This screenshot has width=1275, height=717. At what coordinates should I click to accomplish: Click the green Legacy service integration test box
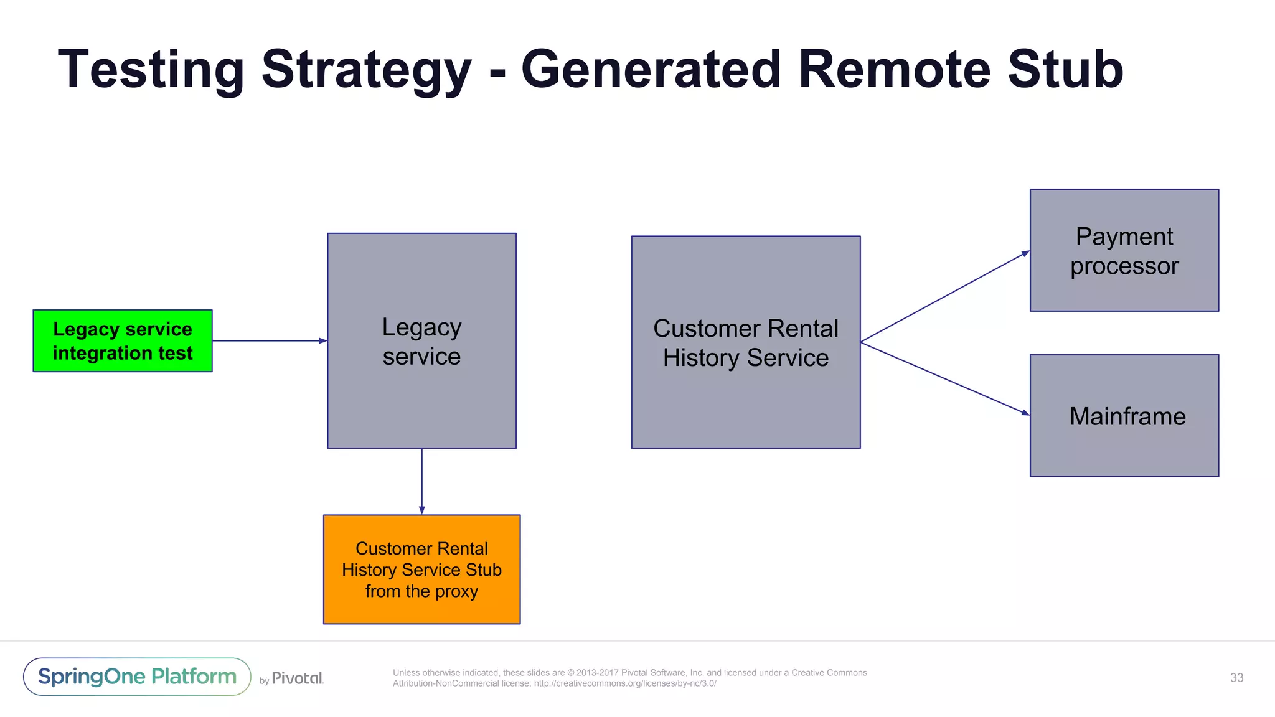click(123, 340)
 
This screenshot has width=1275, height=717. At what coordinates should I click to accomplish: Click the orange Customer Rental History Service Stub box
click(421, 569)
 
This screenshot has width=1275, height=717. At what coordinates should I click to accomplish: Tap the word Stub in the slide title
click(1065, 70)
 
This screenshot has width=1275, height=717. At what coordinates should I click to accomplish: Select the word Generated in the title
click(651, 70)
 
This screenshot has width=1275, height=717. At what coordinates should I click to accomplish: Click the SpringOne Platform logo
click(137, 677)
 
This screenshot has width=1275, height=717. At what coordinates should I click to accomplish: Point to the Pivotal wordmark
click(297, 678)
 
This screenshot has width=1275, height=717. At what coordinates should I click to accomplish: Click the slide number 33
click(1236, 678)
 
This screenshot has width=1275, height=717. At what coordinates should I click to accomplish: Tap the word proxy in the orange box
click(456, 591)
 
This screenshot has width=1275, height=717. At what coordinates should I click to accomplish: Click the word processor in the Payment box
click(1124, 266)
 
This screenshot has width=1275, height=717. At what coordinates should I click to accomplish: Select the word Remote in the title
click(894, 70)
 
